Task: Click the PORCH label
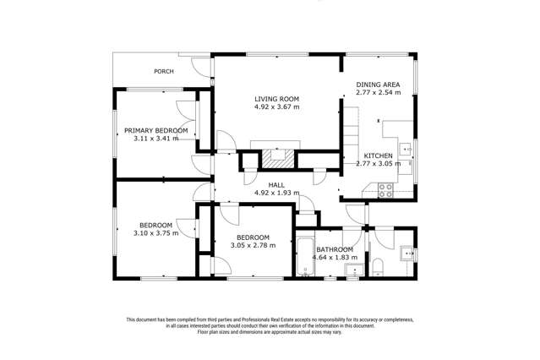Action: tap(164, 71)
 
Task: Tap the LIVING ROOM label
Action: tap(276, 99)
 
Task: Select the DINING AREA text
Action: tap(378, 85)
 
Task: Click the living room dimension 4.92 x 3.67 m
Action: tap(276, 106)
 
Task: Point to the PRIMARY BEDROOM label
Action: tap(156, 131)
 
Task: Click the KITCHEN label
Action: tap(378, 155)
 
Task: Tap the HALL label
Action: tap(276, 185)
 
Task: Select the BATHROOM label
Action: tap(335, 249)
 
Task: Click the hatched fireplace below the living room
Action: tap(278, 159)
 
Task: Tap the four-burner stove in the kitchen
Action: tap(385, 190)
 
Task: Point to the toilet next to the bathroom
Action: tap(378, 268)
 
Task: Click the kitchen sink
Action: tap(406, 149)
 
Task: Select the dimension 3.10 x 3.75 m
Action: tap(156, 233)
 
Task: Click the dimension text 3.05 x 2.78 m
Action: tap(254, 245)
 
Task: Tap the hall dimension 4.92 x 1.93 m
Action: tap(276, 193)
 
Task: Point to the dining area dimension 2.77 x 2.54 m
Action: tap(378, 92)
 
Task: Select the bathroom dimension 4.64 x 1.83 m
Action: tap(335, 258)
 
